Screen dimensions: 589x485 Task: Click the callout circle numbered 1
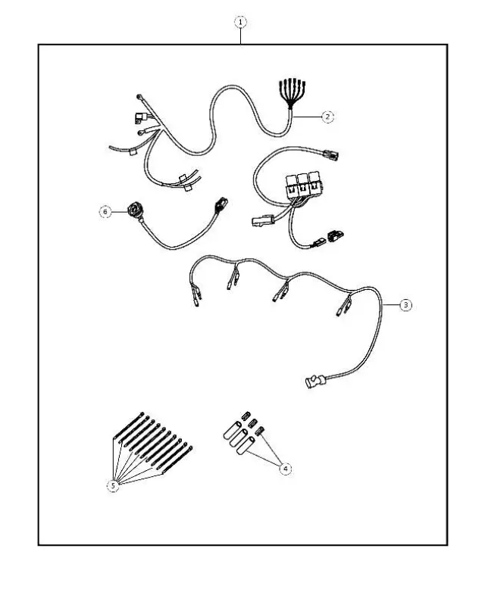241,22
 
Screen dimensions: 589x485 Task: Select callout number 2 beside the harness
327,117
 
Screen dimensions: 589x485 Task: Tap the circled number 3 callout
405,304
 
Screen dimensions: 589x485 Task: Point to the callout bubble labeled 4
285,469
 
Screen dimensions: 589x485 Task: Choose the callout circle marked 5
113,486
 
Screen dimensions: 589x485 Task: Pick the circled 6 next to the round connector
105,213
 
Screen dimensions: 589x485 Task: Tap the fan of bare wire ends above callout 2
289,90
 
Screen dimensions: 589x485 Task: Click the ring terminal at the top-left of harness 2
141,97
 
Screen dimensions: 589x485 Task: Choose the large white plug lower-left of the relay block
260,221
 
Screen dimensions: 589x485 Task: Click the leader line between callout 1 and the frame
241,36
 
